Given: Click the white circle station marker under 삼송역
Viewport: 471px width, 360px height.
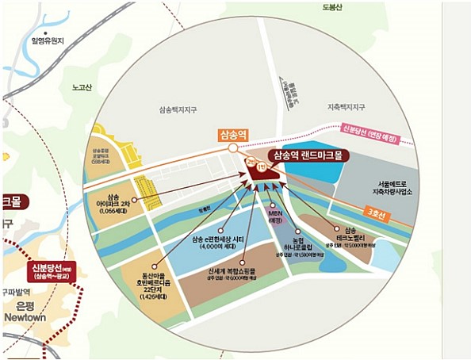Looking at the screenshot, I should point(231,147).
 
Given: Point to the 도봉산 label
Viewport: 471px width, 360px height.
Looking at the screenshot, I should point(331,7).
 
